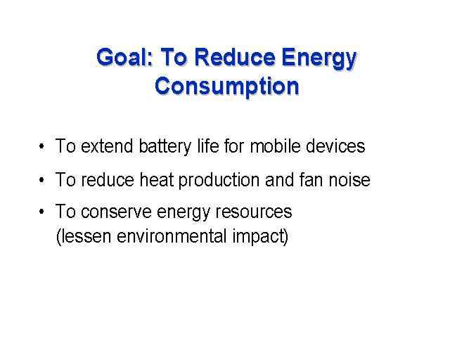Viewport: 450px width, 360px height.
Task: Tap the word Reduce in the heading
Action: pyautogui.click(x=235, y=58)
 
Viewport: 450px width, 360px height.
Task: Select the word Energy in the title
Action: pyautogui.click(x=319, y=60)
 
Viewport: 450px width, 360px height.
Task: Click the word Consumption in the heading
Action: pyautogui.click(x=226, y=86)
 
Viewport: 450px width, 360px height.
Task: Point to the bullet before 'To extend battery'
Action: pyautogui.click(x=41, y=146)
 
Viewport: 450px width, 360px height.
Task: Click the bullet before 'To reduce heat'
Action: pyautogui.click(x=41, y=180)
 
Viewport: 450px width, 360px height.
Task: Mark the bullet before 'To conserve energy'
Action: pyautogui.click(x=41, y=212)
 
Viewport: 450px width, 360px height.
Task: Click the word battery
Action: pyautogui.click(x=165, y=147)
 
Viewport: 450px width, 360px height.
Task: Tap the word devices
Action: pyautogui.click(x=335, y=146)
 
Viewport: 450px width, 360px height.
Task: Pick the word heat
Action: pyautogui.click(x=157, y=180)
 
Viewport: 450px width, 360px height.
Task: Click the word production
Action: pyautogui.click(x=219, y=181)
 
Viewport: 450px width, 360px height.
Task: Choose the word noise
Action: pyautogui.click(x=349, y=180)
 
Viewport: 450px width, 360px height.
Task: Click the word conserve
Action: pyautogui.click(x=116, y=212)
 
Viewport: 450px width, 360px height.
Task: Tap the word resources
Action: pyautogui.click(x=254, y=212)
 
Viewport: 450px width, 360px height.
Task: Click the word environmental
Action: pyautogui.click(x=172, y=236)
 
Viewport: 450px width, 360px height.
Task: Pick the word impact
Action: pyautogui.click(x=258, y=238)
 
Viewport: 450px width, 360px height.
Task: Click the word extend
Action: pyautogui.click(x=107, y=146)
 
